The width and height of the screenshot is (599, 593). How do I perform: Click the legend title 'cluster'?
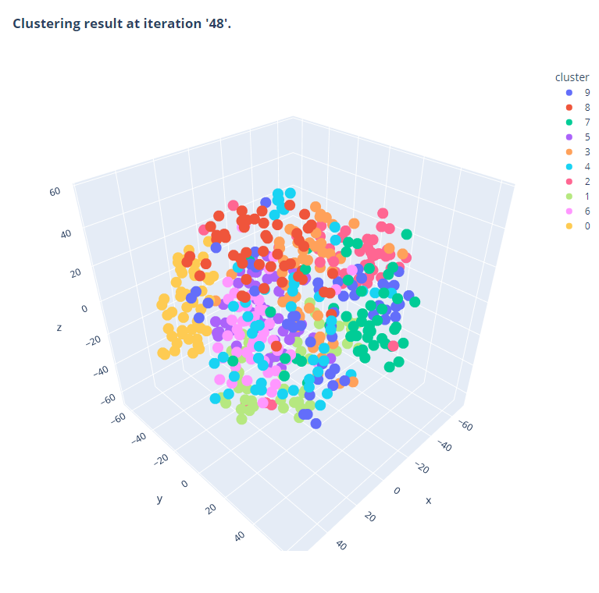[x=572, y=77]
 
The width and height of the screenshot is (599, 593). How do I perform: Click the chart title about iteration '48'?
[x=122, y=23]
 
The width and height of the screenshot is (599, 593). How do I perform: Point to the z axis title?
[x=59, y=328]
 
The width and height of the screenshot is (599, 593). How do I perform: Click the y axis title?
[x=159, y=499]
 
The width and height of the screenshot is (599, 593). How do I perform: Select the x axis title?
[x=428, y=499]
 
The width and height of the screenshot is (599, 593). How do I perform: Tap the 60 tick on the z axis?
[x=55, y=190]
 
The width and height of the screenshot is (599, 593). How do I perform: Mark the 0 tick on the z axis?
[x=84, y=309]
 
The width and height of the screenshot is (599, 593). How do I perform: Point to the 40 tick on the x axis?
[x=341, y=545]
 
